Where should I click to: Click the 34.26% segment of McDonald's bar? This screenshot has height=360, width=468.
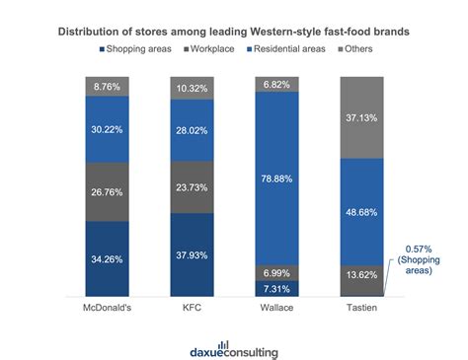point(114,259)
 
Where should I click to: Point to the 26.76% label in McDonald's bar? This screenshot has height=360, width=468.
point(114,191)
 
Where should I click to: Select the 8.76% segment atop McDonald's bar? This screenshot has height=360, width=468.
point(114,87)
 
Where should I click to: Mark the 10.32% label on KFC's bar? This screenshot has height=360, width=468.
point(204,89)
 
